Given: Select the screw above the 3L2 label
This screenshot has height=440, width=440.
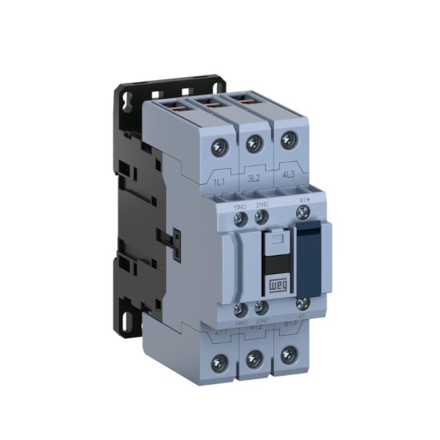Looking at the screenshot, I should pyautogui.click(x=255, y=143).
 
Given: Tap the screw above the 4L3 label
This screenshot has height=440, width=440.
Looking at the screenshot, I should pyautogui.click(x=287, y=141).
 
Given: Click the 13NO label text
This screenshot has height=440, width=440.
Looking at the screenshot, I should pyautogui.click(x=240, y=206).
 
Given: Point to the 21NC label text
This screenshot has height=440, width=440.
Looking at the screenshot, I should pyautogui.click(x=261, y=206).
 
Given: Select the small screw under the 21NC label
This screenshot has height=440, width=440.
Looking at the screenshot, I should pyautogui.click(x=260, y=217).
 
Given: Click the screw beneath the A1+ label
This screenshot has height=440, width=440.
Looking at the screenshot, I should pyautogui.click(x=302, y=213).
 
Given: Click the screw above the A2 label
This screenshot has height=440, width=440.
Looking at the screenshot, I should pyautogui.click(x=303, y=304).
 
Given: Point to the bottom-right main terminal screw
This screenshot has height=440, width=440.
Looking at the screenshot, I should pyautogui.click(x=290, y=354).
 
